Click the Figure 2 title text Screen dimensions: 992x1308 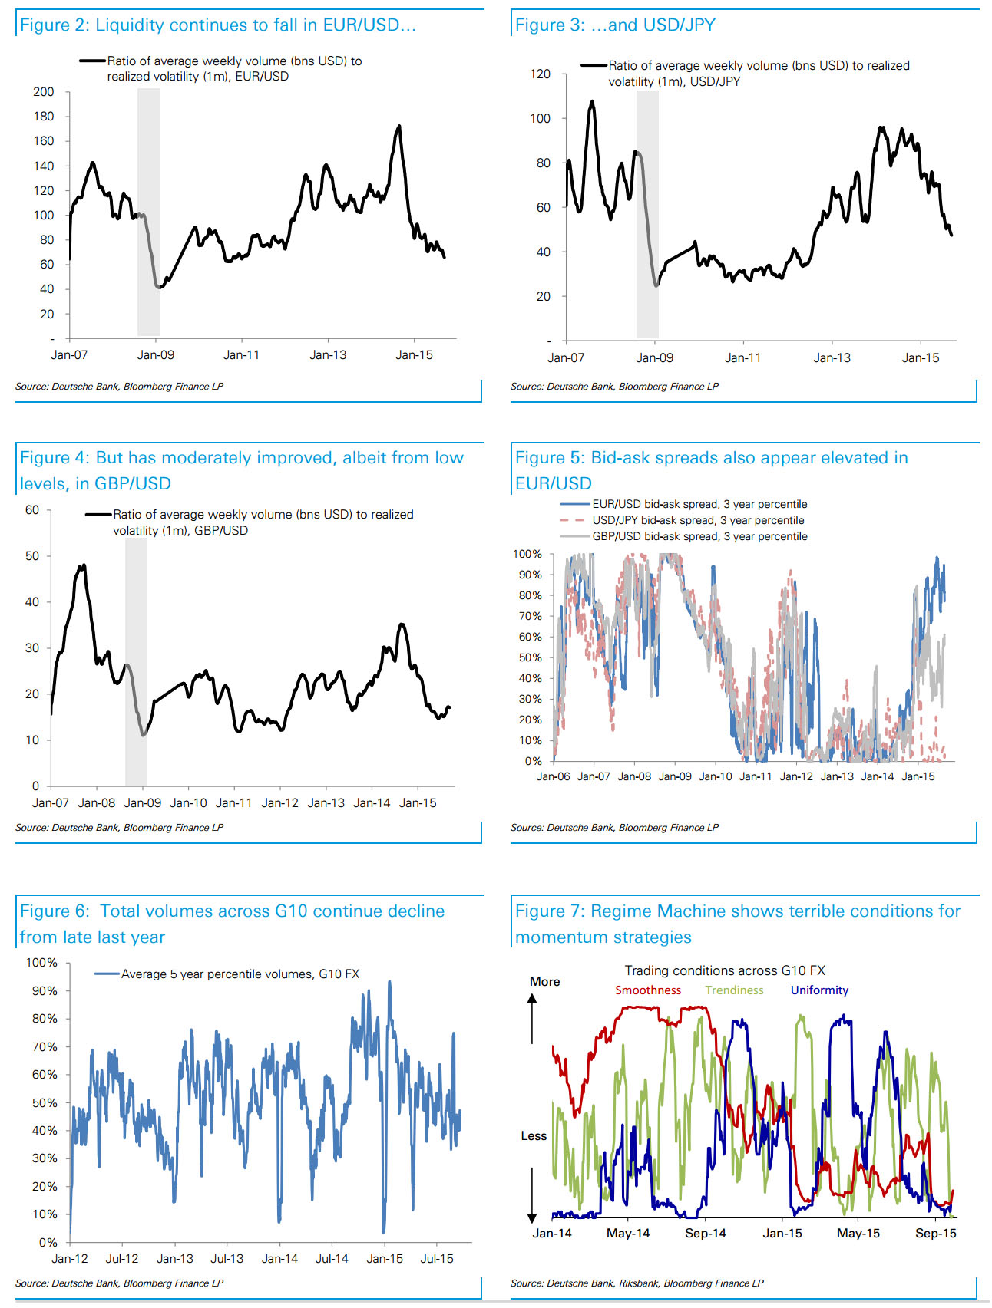point(217,25)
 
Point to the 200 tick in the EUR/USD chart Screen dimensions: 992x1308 point(44,92)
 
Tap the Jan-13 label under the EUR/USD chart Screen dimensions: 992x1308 point(328,355)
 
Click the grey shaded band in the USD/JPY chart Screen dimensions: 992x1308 point(647,214)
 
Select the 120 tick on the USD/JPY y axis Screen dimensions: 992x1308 point(541,74)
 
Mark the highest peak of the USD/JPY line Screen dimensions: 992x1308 point(592,100)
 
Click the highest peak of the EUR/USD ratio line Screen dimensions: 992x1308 point(398,126)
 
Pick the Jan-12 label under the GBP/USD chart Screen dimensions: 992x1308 point(280,803)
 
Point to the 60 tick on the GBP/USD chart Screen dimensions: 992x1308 point(32,510)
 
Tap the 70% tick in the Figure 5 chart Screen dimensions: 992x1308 point(531,616)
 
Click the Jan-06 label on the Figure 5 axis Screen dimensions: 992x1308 point(554,776)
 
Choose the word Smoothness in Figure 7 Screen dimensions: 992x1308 point(648,990)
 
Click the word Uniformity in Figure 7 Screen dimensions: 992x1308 point(820,990)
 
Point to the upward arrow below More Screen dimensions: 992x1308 point(531,1019)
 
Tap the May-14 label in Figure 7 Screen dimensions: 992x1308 point(628,1234)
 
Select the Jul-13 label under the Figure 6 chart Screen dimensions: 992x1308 point(227,1259)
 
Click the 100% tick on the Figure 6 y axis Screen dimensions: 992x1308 point(41,963)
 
